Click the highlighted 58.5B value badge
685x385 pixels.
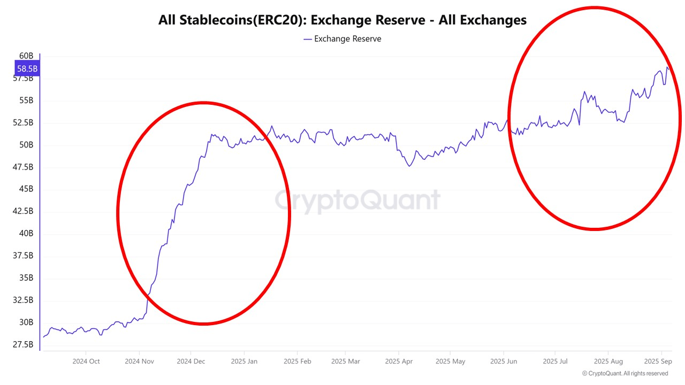pyautogui.click(x=27, y=68)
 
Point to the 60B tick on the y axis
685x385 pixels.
pyautogui.click(x=26, y=56)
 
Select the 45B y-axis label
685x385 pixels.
pyautogui.click(x=26, y=189)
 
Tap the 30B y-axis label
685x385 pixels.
pyautogui.click(x=26, y=322)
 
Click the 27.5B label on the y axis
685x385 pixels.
pyautogui.click(x=23, y=344)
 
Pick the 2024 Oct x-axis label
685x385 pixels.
pyautogui.click(x=86, y=361)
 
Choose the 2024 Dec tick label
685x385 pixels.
pyautogui.click(x=191, y=361)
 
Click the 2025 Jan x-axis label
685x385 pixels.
pyautogui.click(x=244, y=361)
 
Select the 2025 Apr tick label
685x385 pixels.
pyautogui.click(x=399, y=361)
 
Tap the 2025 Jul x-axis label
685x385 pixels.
pyautogui.click(x=555, y=361)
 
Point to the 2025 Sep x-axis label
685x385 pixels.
pyautogui.click(x=658, y=361)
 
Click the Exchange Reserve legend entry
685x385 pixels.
pyautogui.click(x=342, y=39)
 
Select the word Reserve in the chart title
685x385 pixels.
pyautogui.click(x=400, y=20)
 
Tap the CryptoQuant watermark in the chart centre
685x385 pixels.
pyautogui.click(x=357, y=200)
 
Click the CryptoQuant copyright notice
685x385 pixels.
pyautogui.click(x=625, y=373)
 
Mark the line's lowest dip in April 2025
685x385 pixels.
pyautogui.click(x=409, y=166)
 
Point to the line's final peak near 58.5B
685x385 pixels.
pyautogui.click(x=667, y=67)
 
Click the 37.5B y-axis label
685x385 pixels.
pyautogui.click(x=23, y=256)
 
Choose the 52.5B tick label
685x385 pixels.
pyautogui.click(x=23, y=122)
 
